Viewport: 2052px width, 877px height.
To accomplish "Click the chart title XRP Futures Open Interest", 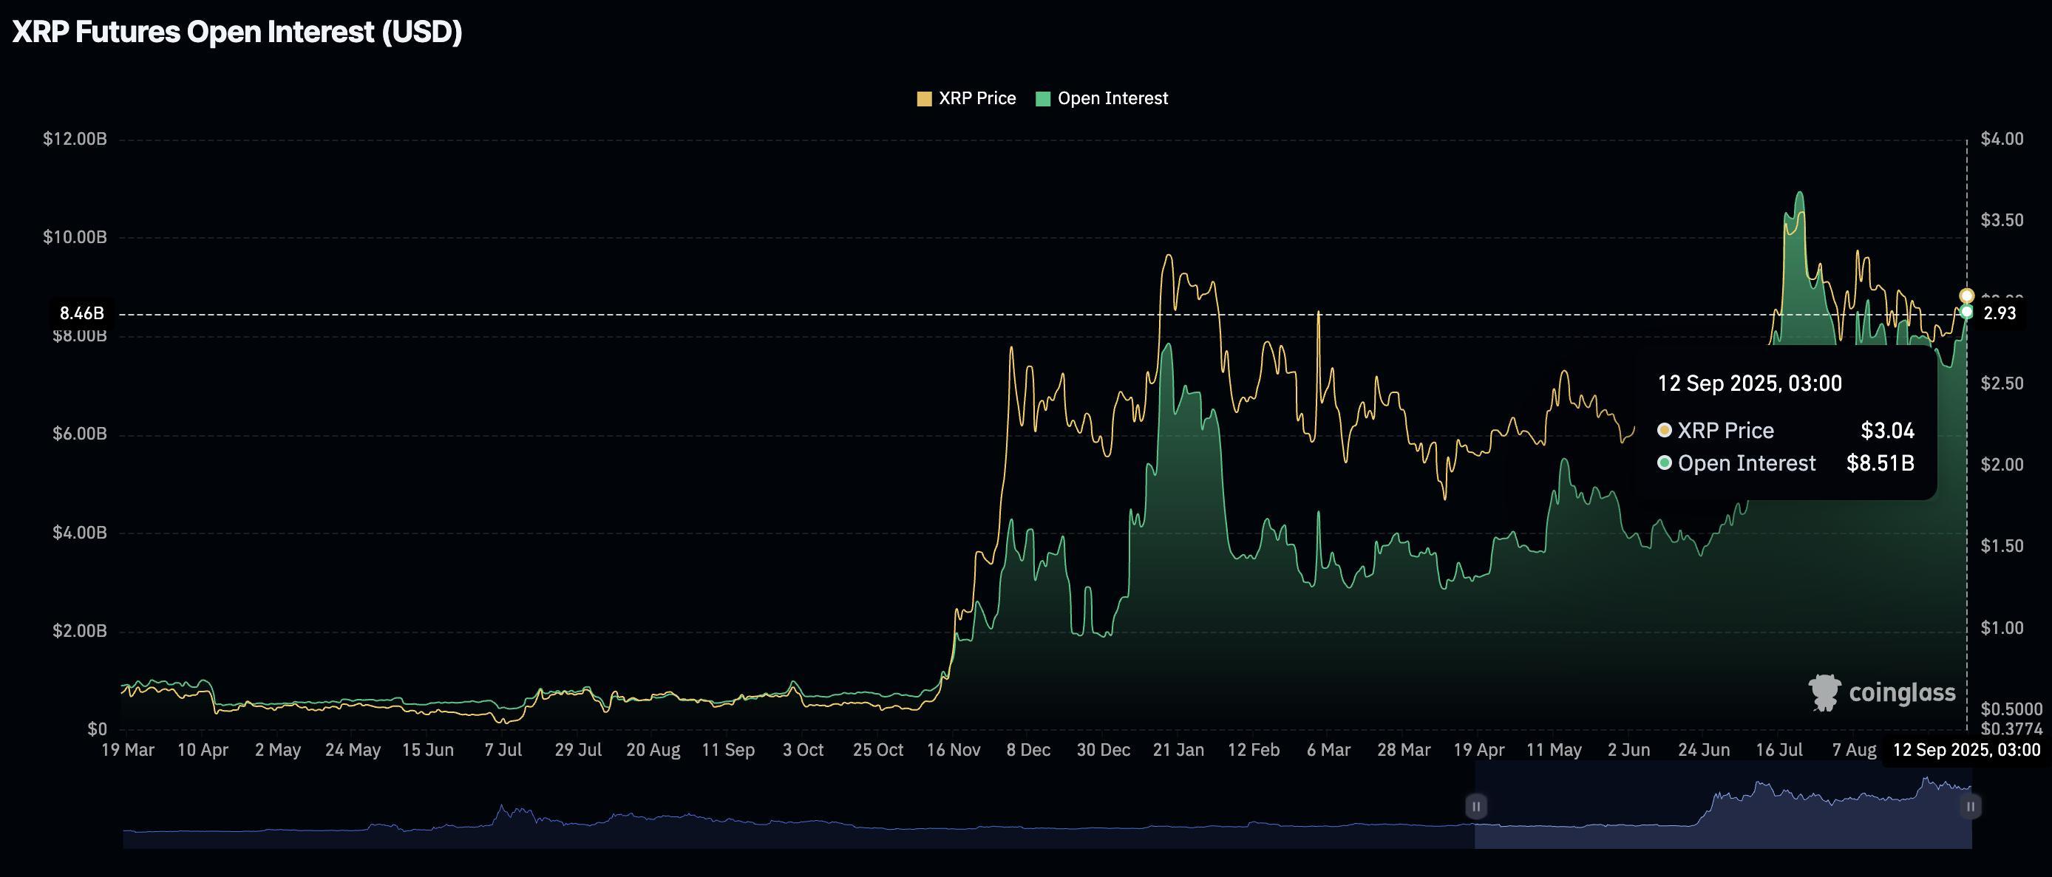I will (237, 32).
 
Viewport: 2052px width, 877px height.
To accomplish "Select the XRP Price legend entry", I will (966, 98).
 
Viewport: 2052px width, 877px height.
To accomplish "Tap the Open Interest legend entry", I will (1101, 98).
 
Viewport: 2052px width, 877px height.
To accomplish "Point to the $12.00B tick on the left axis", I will (75, 140).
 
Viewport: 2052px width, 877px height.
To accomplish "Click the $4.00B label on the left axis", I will (79, 532).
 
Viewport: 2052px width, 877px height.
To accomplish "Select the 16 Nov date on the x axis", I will (954, 750).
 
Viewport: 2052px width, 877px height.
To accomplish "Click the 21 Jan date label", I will (1178, 750).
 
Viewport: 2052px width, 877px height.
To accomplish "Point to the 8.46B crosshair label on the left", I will (82, 313).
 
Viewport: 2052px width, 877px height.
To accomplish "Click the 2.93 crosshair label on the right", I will (2000, 313).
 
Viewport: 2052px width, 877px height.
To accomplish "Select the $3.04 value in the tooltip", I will (1887, 431).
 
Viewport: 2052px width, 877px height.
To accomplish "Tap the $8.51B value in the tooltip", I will (1880, 463).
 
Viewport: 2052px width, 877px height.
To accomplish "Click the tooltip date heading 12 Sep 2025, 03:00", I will (1749, 384).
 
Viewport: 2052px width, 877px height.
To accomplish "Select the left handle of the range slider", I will (1475, 806).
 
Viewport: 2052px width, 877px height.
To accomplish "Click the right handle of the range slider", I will (1970, 806).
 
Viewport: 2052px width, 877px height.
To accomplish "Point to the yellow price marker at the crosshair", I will (1966, 296).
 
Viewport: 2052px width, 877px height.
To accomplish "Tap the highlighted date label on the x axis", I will (1966, 750).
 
